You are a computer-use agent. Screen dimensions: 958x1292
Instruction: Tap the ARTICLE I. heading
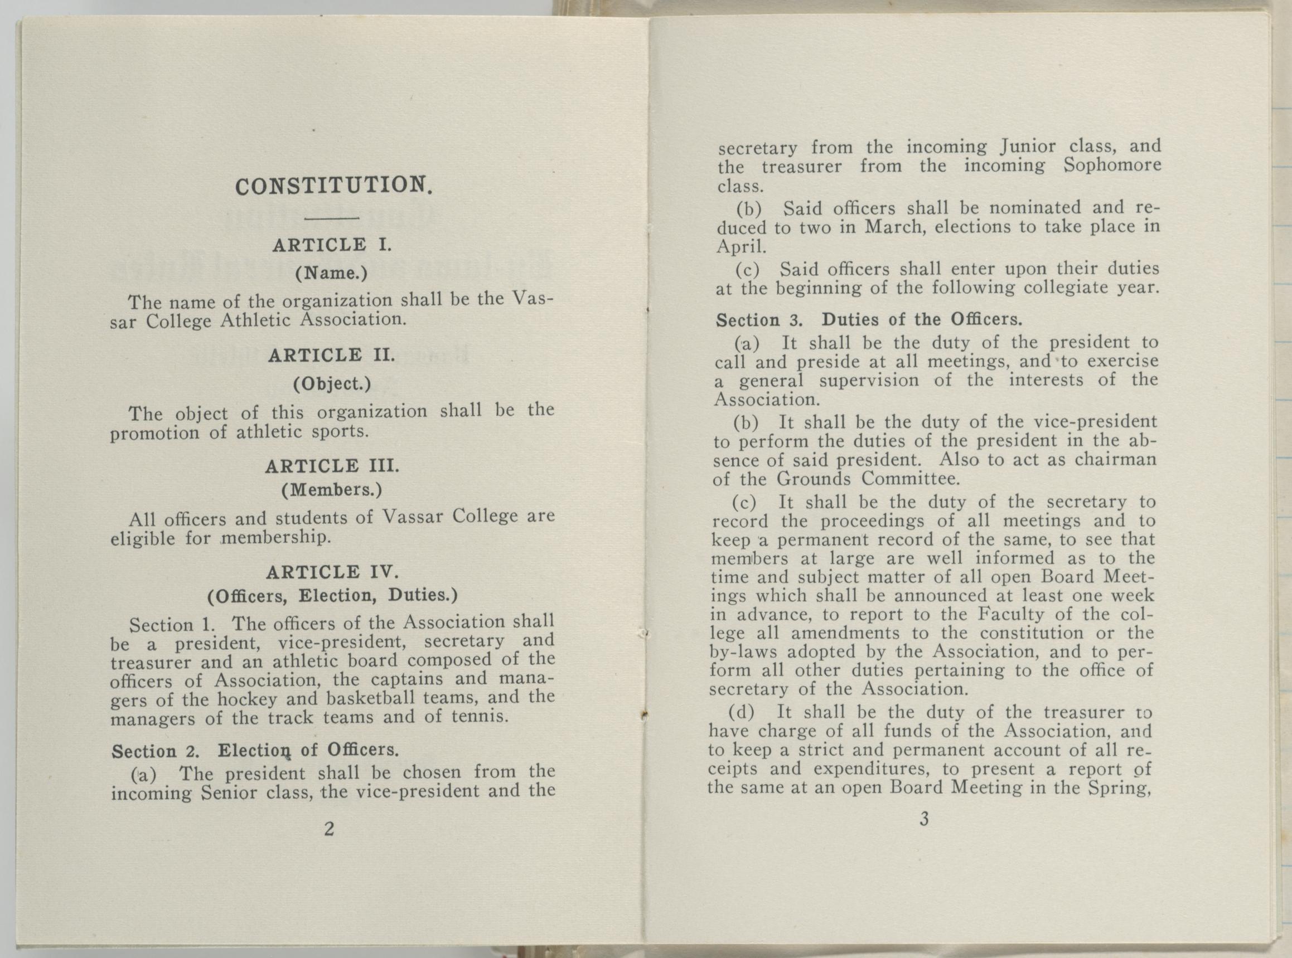pos(332,245)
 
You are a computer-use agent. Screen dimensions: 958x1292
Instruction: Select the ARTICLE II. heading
pos(331,355)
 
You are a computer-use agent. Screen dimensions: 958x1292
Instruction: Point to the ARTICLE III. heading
pos(331,466)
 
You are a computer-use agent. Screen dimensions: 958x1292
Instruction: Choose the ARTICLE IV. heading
pos(332,572)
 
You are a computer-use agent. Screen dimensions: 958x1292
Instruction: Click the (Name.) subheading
pos(331,273)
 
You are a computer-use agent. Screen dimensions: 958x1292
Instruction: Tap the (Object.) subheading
pos(332,383)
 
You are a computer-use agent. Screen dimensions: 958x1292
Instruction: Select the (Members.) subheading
pos(332,490)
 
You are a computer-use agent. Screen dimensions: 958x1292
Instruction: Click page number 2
pos(329,829)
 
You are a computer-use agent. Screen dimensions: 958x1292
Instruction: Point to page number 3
pos(924,819)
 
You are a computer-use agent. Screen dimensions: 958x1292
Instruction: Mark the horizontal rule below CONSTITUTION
pos(331,218)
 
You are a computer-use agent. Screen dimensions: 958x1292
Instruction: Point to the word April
pos(741,246)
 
